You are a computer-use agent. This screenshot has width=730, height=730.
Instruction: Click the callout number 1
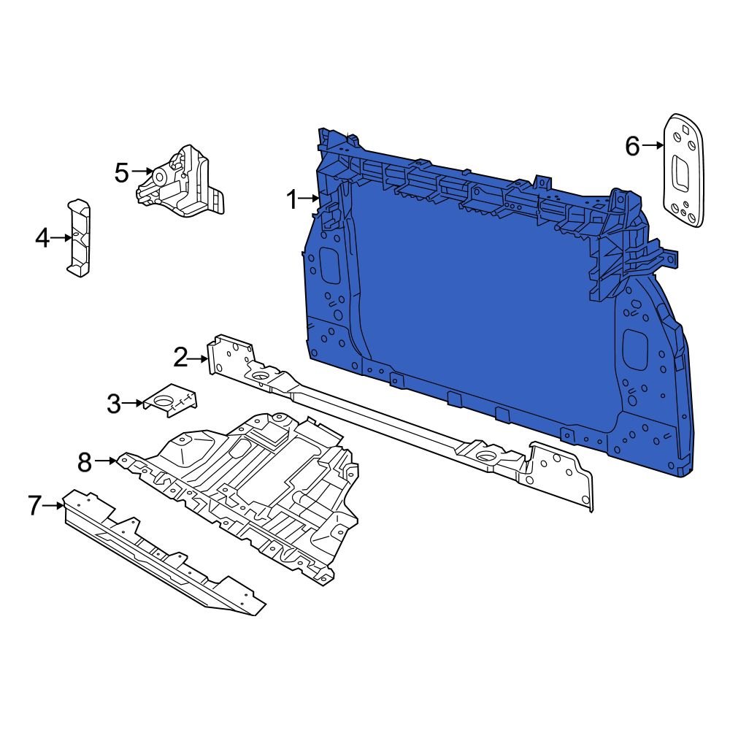click(292, 199)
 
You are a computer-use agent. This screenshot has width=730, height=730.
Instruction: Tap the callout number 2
click(180, 358)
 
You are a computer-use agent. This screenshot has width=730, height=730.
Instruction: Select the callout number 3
click(113, 404)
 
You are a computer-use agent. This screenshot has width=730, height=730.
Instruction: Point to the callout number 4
click(42, 237)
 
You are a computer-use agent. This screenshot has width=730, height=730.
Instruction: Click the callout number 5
click(121, 173)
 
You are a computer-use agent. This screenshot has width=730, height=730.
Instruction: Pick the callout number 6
click(632, 147)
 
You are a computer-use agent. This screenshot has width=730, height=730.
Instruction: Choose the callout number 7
click(35, 505)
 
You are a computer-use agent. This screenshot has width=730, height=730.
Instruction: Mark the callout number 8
click(85, 461)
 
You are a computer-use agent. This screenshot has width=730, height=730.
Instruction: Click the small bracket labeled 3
click(172, 400)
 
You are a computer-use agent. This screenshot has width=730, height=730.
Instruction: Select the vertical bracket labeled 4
click(79, 238)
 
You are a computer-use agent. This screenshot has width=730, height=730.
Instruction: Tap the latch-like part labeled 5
click(182, 182)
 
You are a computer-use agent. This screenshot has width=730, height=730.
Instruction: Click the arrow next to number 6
click(653, 146)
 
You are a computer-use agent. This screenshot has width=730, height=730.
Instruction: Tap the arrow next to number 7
click(55, 504)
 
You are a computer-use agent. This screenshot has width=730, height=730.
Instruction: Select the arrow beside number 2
click(199, 358)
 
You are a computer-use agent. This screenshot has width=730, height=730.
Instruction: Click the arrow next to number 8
click(106, 461)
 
